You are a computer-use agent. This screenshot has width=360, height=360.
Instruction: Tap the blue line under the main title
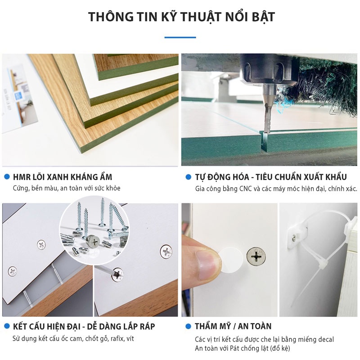[x=180, y=37]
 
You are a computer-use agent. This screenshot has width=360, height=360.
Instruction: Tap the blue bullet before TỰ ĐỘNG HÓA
[x=188, y=177]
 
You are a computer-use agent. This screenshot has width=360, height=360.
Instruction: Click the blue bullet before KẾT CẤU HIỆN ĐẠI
[x=6, y=326]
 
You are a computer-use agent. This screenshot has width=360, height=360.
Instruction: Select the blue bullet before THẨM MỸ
[x=188, y=326]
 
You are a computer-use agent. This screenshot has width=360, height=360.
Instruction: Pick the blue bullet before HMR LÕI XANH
[x=6, y=177]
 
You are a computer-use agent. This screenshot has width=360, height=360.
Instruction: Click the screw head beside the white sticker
[x=256, y=256]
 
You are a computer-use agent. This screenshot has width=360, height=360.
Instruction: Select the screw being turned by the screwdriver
[x=118, y=273]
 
